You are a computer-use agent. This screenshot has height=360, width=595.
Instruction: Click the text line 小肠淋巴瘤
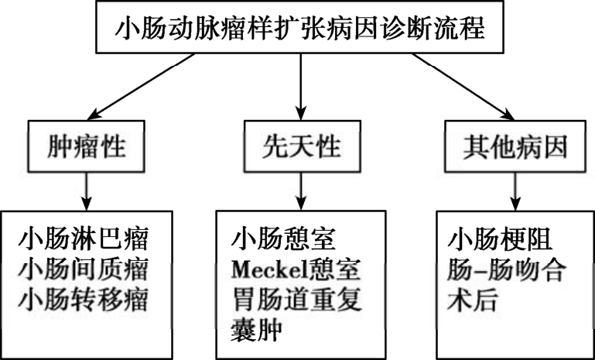(x=83, y=239)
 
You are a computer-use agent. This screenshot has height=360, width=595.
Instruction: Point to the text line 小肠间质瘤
(x=83, y=269)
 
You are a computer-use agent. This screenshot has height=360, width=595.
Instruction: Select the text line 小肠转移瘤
(x=83, y=300)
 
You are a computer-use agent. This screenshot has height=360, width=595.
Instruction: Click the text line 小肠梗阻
(x=500, y=239)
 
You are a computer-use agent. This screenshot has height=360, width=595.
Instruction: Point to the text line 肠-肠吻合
(x=507, y=269)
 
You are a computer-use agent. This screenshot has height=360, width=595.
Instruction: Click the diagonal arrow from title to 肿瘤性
(x=141, y=86)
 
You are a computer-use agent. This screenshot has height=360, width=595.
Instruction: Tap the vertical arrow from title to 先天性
(x=301, y=87)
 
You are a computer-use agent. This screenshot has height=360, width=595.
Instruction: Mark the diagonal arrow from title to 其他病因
(x=463, y=87)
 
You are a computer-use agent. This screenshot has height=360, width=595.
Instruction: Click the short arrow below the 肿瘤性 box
(x=87, y=191)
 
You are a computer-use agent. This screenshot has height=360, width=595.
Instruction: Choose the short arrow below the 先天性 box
(x=301, y=191)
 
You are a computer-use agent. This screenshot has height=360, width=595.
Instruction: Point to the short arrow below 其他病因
(x=515, y=191)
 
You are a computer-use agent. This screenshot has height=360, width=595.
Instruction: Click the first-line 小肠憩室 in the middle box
(x=283, y=239)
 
